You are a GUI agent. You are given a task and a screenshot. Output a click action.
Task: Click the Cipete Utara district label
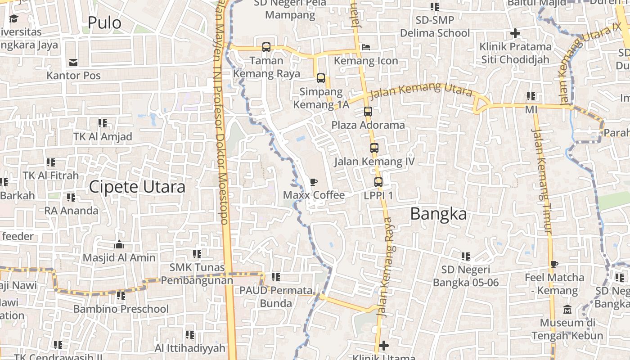[137, 187]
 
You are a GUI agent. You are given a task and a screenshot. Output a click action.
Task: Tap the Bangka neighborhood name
[438, 214]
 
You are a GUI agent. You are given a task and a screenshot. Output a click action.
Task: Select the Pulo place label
[104, 22]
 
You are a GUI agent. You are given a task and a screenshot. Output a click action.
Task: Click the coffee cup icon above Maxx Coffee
[314, 182]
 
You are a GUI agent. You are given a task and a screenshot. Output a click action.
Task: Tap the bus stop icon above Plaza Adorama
[368, 112]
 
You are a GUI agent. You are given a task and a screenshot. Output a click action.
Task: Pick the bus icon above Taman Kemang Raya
[266, 47]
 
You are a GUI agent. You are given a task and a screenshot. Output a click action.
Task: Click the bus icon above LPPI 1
[378, 182]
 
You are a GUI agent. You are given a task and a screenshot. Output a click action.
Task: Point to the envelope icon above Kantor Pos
[73, 63]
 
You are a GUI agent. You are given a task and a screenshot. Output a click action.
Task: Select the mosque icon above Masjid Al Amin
[119, 245]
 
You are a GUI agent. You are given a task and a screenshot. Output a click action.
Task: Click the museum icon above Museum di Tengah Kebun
[567, 310]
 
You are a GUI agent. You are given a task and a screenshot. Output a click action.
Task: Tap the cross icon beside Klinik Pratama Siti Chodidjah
[515, 33]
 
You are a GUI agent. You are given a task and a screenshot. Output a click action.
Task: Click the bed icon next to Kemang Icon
[366, 47]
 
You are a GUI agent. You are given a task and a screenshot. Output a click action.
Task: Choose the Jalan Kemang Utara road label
[421, 90]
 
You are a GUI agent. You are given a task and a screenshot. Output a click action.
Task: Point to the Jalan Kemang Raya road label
[385, 268]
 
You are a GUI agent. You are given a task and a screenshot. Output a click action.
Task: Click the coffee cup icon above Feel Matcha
[554, 265]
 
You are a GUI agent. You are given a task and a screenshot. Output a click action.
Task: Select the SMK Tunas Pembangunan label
[197, 274]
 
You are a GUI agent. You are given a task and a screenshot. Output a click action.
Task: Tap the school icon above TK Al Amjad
[103, 123]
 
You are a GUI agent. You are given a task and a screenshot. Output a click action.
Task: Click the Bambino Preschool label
[121, 309]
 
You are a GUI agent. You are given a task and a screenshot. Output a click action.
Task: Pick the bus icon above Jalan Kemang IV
[374, 148]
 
